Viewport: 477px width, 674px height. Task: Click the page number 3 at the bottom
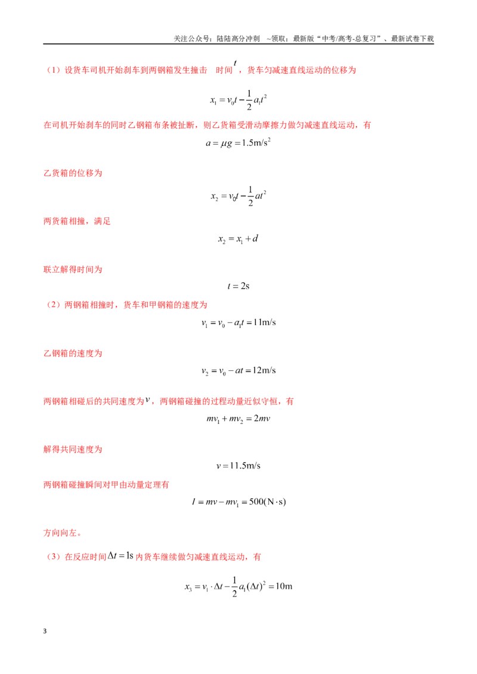[45, 631]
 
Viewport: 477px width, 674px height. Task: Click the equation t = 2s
[238, 286]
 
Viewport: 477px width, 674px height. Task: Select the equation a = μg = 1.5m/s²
[238, 143]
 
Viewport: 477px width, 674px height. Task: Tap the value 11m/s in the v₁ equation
[264, 322]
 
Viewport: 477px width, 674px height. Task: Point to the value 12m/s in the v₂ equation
[264, 370]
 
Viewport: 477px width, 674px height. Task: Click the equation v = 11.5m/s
[238, 466]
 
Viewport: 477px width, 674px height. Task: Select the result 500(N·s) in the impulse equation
[267, 502]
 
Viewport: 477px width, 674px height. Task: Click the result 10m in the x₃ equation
[284, 586]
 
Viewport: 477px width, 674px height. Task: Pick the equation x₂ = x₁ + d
[238, 239]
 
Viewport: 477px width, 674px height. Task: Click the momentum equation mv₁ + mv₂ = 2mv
[238, 419]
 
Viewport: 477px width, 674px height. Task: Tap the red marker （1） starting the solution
[54, 70]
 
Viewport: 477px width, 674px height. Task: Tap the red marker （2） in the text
[54, 305]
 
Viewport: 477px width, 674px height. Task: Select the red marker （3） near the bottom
[54, 557]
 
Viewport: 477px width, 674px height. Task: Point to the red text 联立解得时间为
[73, 270]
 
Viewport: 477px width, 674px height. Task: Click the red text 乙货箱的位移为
[73, 173]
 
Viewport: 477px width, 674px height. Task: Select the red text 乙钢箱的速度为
[73, 353]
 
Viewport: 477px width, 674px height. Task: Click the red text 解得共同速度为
[73, 449]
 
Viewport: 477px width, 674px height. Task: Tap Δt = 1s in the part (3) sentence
[120, 556]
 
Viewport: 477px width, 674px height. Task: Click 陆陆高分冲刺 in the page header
[238, 39]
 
